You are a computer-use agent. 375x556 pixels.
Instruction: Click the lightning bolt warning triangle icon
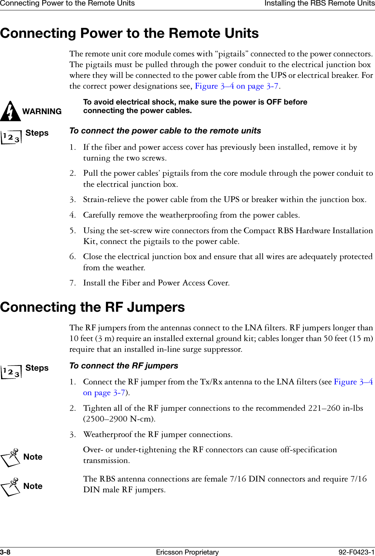pyautogui.click(x=10, y=111)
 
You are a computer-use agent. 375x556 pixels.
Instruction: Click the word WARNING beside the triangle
pyautogui.click(x=42, y=112)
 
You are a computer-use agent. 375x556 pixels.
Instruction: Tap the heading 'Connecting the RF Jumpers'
pyautogui.click(x=93, y=307)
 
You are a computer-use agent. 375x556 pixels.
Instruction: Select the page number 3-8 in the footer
pyautogui.click(x=5, y=552)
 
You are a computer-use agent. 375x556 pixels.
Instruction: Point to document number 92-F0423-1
pyautogui.click(x=356, y=552)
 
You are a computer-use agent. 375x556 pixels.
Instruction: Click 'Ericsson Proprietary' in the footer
pyautogui.click(x=187, y=552)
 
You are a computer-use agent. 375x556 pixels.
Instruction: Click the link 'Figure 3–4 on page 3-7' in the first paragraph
pyautogui.click(x=237, y=86)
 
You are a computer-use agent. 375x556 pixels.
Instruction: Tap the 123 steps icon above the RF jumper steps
pyautogui.click(x=11, y=371)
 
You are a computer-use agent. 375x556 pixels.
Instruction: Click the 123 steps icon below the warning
pyautogui.click(x=11, y=137)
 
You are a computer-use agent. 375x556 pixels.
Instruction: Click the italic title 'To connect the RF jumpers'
pyautogui.click(x=124, y=366)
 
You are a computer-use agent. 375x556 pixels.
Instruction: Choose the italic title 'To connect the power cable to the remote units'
pyautogui.click(x=165, y=131)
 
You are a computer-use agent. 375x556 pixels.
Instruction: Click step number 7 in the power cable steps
pyautogui.click(x=72, y=283)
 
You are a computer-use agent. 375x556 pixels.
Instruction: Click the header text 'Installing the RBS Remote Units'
pyautogui.click(x=319, y=4)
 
